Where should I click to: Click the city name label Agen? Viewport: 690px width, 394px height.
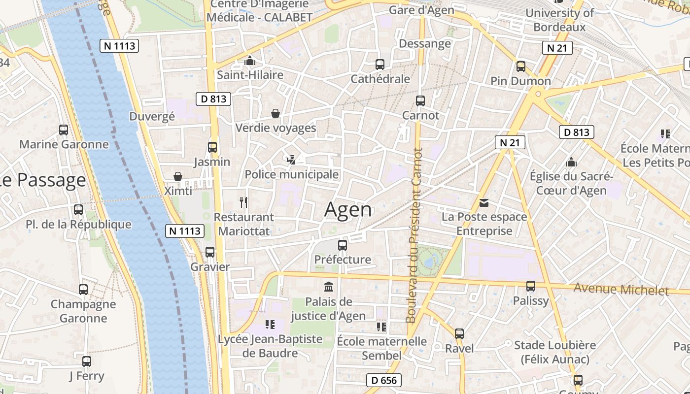tap(348, 210)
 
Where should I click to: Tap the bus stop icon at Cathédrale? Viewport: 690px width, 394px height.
tap(379, 65)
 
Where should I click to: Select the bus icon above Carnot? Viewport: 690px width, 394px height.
tap(420, 101)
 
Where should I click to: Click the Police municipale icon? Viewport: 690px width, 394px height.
tap(291, 160)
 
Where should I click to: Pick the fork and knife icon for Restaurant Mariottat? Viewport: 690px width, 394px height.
tap(243, 202)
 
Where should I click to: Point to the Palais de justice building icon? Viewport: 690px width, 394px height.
tap(328, 287)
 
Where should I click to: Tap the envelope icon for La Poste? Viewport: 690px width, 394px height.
tap(483, 202)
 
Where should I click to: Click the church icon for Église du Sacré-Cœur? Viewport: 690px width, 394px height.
tap(571, 162)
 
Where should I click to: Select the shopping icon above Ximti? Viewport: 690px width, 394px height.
tap(178, 176)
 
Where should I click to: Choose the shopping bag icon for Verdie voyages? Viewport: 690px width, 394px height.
tap(276, 113)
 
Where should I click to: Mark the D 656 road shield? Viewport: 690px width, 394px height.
tap(384, 380)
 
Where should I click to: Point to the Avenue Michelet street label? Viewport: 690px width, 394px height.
tap(621, 290)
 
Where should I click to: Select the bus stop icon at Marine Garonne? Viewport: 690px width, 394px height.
tap(64, 130)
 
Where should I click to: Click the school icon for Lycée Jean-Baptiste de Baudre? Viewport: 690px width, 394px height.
tap(270, 324)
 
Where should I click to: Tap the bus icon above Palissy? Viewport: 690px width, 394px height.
tap(530, 286)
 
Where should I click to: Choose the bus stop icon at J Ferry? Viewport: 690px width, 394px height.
tap(87, 361)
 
